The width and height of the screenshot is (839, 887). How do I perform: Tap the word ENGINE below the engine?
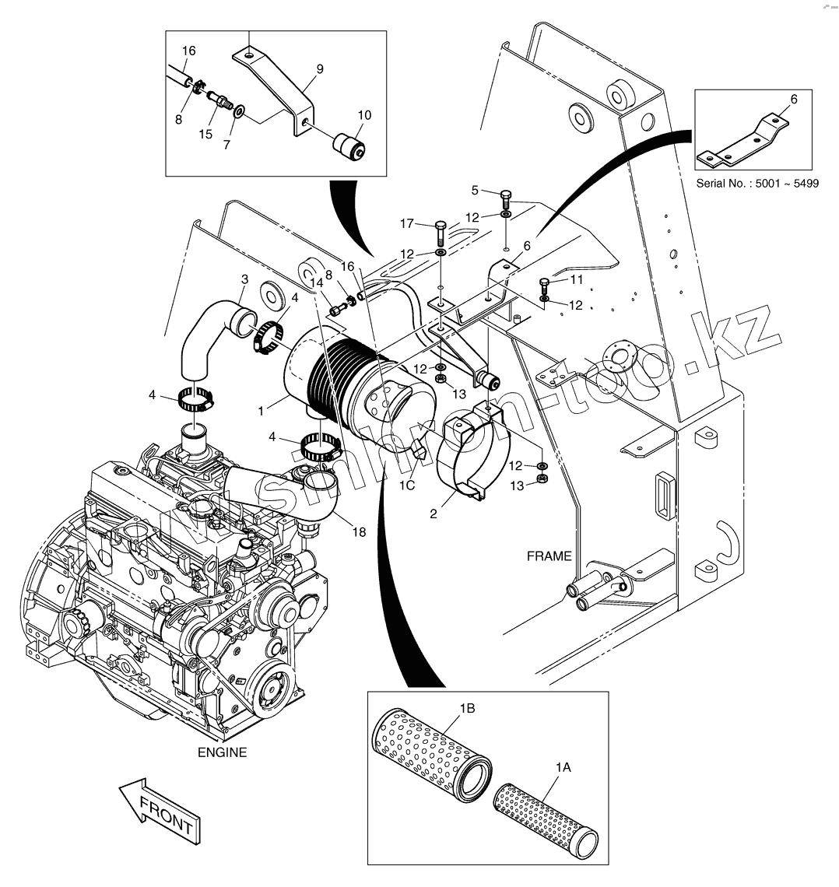(x=222, y=752)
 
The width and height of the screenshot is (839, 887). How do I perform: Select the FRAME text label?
(x=549, y=556)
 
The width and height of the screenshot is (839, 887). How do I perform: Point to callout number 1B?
(x=467, y=708)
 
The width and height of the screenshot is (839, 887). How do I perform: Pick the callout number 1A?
(x=564, y=767)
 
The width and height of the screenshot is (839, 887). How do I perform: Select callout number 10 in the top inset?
(x=364, y=115)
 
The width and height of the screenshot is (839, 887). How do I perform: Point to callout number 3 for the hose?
(x=244, y=279)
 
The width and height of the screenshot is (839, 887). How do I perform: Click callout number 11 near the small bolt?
(x=576, y=279)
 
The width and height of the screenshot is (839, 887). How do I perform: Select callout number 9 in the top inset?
(x=319, y=68)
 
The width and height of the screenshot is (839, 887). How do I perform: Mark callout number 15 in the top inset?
(x=205, y=134)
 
